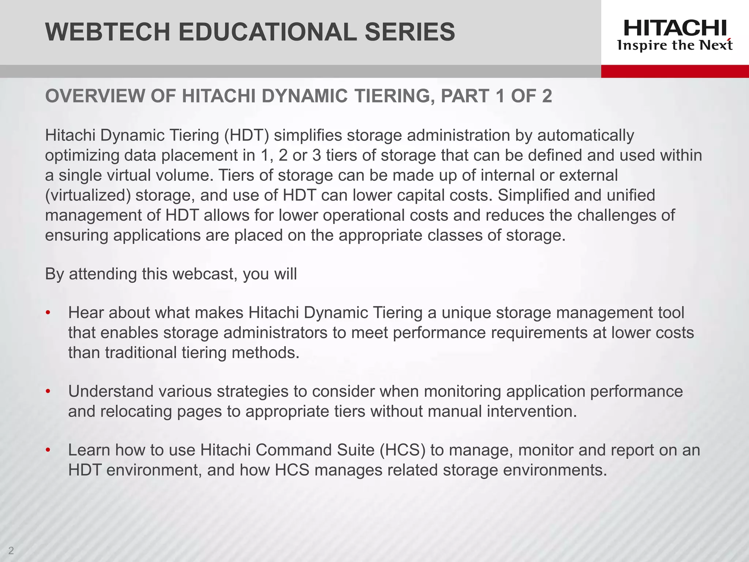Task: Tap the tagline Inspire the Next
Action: (675, 45)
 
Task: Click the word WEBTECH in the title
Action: (108, 32)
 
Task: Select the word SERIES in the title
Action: (410, 32)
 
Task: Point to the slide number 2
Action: (11, 550)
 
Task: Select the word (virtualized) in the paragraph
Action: (88, 195)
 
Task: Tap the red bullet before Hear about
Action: (48, 313)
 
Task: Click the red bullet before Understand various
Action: (48, 392)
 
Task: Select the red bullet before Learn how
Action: (48, 450)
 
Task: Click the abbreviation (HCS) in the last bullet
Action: (402, 450)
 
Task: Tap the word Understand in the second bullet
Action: (111, 392)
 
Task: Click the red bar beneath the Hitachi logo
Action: (675, 71)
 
